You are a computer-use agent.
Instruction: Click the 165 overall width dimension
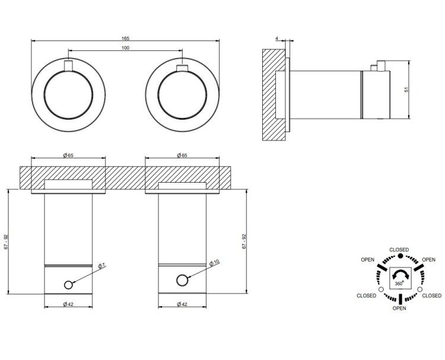click(125, 39)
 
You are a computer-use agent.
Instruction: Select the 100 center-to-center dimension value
click(125, 48)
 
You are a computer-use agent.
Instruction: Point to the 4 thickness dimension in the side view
click(276, 38)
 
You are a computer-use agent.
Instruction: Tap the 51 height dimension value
click(406, 90)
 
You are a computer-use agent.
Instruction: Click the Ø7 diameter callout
click(101, 266)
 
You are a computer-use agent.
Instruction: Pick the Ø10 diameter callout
click(214, 263)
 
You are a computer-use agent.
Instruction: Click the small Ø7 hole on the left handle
click(68, 285)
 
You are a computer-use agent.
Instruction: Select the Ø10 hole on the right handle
click(182, 281)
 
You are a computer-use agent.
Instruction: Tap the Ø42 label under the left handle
click(68, 304)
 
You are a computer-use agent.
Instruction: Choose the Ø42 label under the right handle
click(182, 304)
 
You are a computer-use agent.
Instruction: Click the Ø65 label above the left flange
click(68, 155)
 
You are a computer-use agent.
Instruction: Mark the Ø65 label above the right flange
click(182, 155)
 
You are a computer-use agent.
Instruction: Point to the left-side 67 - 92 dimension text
click(6, 242)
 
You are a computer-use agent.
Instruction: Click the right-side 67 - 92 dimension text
click(244, 242)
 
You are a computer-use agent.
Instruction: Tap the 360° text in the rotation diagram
click(399, 283)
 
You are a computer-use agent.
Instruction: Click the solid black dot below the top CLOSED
click(400, 256)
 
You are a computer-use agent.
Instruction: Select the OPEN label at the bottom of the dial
click(399, 308)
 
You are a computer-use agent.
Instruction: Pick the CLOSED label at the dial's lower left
click(367, 295)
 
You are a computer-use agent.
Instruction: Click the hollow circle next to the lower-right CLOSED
click(419, 289)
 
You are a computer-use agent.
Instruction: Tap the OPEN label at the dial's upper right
click(428, 260)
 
